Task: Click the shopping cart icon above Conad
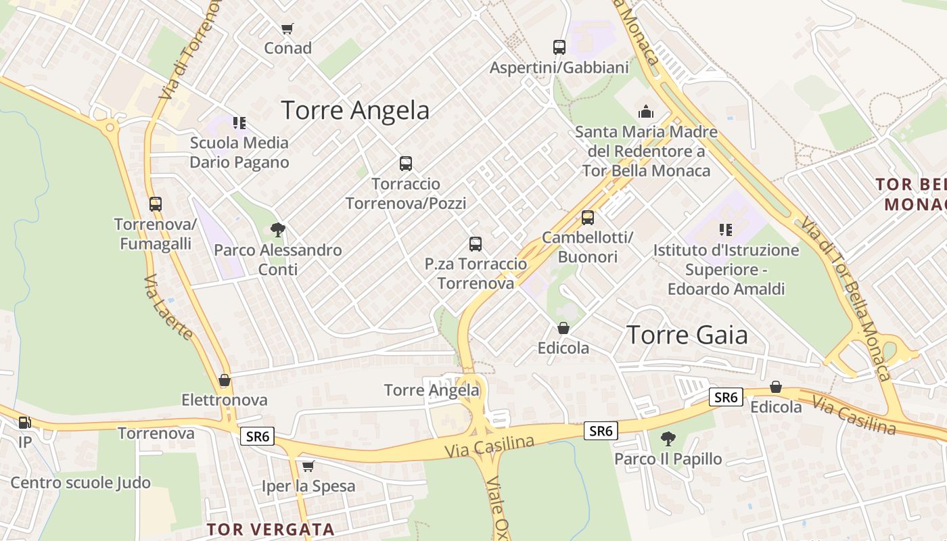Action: pos(287,28)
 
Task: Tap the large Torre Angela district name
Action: pos(355,110)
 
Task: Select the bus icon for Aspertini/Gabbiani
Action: pos(559,47)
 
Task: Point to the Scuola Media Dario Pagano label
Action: pos(239,152)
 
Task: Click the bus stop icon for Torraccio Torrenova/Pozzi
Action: pos(406,164)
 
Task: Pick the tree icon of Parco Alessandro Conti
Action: pos(277,230)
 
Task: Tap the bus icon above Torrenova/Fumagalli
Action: pos(156,204)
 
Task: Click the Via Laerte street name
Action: pos(168,307)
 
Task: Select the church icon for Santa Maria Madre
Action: pos(646,112)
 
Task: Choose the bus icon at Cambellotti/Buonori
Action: pos(588,218)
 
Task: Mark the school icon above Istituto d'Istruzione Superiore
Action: pos(726,230)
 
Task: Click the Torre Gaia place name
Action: pos(687,335)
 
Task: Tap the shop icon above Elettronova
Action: pos(225,381)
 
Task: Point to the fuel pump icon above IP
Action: pos(24,423)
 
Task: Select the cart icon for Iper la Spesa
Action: pos(308,466)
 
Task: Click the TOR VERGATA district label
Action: pos(271,529)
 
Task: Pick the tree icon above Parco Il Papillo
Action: pos(668,439)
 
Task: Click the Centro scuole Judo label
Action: pos(80,483)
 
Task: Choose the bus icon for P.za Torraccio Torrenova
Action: pos(476,244)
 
